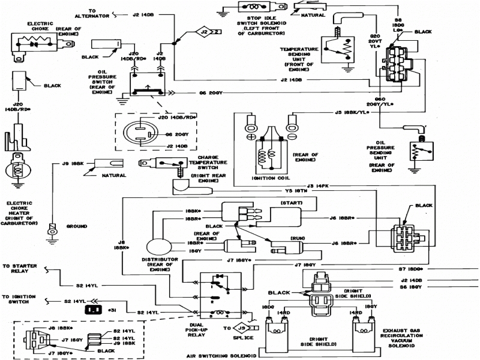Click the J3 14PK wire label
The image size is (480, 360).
coord(317,185)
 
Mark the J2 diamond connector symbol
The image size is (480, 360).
coord(205,31)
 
